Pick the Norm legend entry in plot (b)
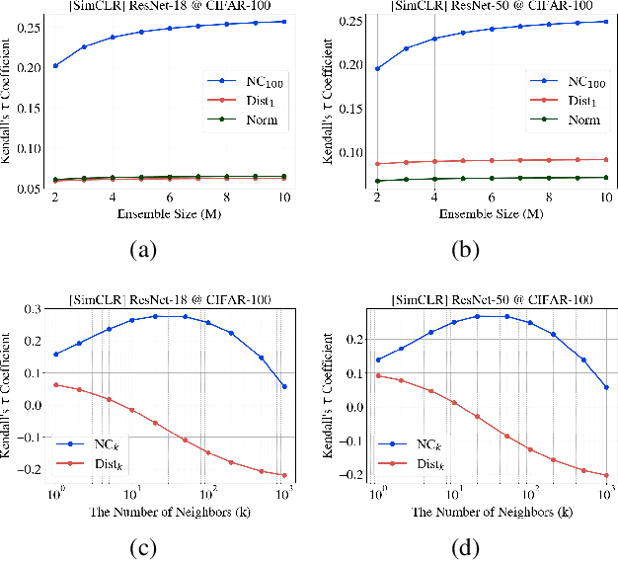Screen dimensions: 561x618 click(562, 121)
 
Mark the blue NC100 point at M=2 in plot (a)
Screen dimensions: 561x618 click(55, 66)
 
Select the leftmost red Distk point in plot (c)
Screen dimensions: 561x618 click(55, 384)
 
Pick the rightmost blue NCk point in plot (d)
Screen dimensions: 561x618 click(604, 387)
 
